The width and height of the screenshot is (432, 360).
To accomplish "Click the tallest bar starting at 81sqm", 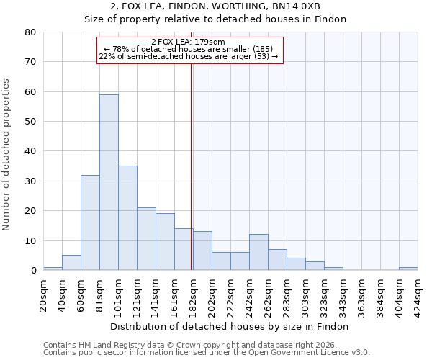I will coord(109,182).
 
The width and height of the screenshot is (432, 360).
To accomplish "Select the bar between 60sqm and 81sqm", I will coord(90,222).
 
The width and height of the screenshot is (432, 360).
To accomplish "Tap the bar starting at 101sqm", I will coord(127,218).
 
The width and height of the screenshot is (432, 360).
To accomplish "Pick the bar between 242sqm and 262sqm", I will coord(258,252).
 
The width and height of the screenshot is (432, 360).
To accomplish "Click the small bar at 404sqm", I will coord(408,269).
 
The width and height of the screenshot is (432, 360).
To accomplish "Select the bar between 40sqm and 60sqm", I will coord(71,263).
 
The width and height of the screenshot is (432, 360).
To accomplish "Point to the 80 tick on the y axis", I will coord(30,32).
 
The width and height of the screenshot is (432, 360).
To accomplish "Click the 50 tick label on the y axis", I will coord(30,122).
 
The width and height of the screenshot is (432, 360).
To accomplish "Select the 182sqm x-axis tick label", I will coord(194,295).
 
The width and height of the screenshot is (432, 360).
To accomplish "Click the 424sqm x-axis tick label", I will coord(418,295).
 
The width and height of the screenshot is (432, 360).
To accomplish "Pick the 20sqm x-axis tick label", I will coord(44,295).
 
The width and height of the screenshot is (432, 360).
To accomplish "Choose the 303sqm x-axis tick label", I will coord(306,295).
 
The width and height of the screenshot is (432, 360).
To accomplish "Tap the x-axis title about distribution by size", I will coord(230,326).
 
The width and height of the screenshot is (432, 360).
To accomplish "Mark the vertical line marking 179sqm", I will coord(191,166).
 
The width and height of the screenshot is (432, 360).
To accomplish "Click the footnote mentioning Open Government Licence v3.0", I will coord(207,352).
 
